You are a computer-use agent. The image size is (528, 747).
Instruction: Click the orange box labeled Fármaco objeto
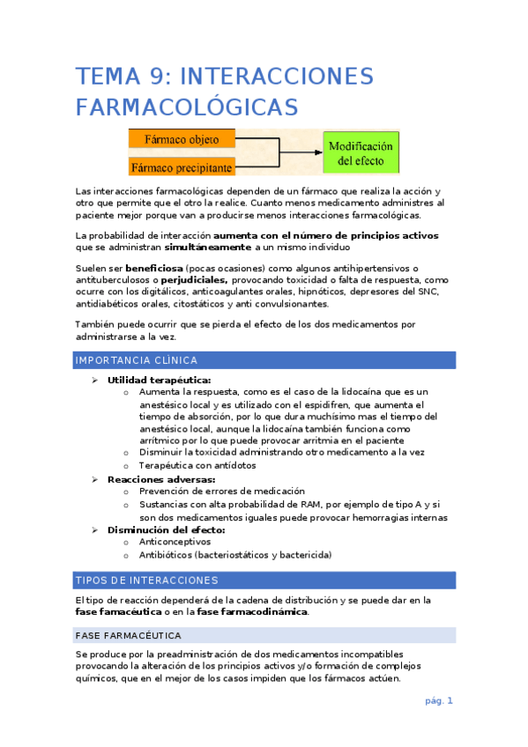(182, 138)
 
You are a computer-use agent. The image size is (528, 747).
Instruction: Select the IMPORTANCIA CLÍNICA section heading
(137, 360)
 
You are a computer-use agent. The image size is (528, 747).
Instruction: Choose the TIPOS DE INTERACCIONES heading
(146, 581)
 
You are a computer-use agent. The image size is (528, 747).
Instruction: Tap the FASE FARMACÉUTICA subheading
(129, 635)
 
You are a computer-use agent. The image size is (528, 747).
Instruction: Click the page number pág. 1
(438, 701)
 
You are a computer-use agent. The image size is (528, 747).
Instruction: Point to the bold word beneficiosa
(154, 268)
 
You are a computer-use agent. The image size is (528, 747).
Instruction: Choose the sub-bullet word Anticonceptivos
(175, 543)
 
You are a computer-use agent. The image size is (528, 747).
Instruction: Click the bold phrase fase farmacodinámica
(252, 611)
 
